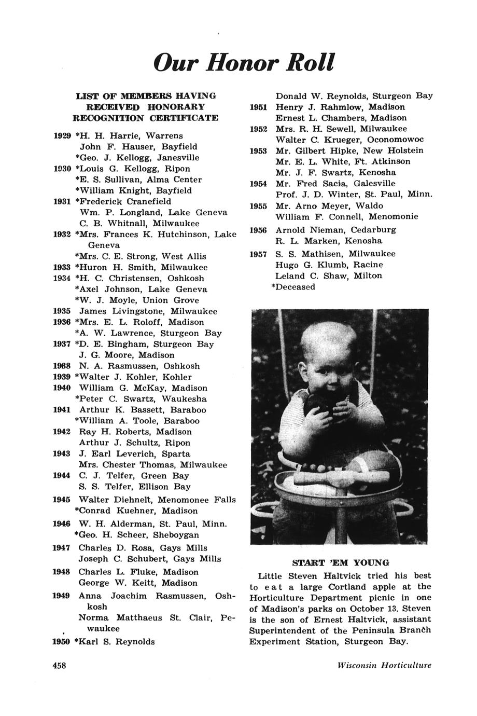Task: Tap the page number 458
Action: tap(62, 666)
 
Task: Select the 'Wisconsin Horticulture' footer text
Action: tap(384, 666)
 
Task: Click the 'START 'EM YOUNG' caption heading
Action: tap(340, 562)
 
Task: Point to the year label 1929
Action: tap(63, 135)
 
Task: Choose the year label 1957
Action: tap(258, 254)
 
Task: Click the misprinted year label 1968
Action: tap(62, 366)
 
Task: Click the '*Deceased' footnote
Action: tap(293, 287)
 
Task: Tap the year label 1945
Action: tap(62, 500)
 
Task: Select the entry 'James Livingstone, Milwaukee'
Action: tap(148, 311)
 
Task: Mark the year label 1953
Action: tap(258, 150)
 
